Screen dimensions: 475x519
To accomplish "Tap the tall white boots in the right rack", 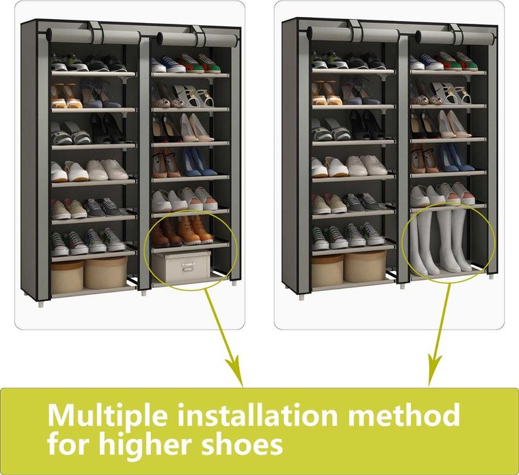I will coord(438,241).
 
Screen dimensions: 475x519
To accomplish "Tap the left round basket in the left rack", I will coord(67,275).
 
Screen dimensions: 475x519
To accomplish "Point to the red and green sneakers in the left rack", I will coord(200,65).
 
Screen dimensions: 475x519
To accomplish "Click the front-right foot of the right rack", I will coord(490,279).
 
